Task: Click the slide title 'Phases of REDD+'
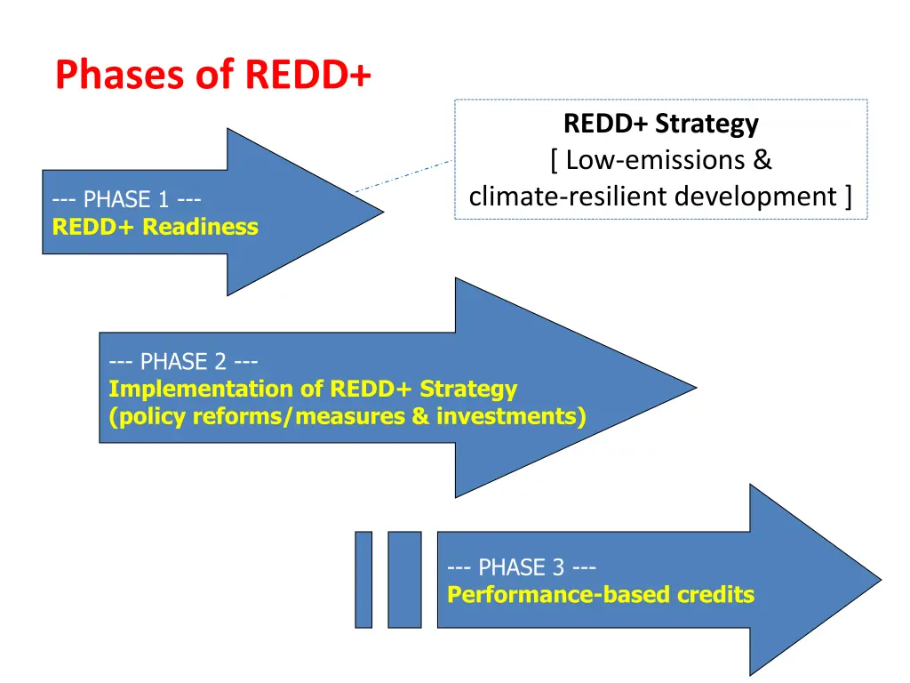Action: [x=213, y=75]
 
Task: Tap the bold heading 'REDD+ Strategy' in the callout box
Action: [x=660, y=124]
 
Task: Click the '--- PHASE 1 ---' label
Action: [x=126, y=200]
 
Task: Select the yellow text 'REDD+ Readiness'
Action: [x=155, y=227]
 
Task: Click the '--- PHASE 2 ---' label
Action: [x=183, y=362]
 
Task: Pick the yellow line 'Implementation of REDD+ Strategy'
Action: [x=313, y=389]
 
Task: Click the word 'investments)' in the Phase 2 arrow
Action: [x=510, y=415]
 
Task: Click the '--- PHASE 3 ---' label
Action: [x=522, y=567]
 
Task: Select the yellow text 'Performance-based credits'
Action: [x=601, y=594]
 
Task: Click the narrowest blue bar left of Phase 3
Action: [x=363, y=580]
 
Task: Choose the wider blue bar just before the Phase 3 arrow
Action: [x=404, y=580]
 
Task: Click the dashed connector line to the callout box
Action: [x=404, y=175]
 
